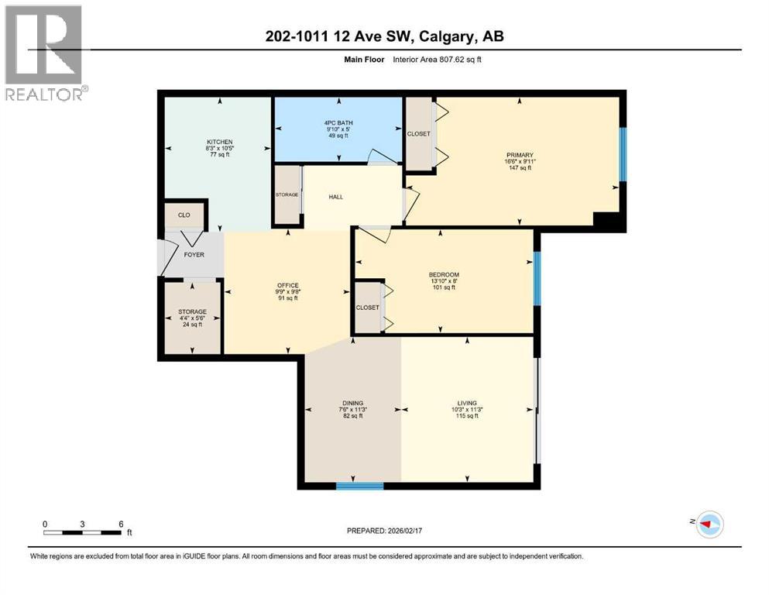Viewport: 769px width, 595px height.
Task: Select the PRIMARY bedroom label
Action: point(520,155)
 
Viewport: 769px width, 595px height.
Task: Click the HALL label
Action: point(335,197)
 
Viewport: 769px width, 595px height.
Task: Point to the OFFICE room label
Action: point(287,286)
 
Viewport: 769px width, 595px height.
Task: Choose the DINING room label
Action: point(352,403)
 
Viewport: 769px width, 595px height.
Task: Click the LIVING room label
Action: point(467,403)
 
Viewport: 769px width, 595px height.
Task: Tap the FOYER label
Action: point(193,254)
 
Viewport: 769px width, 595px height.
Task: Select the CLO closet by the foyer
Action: point(184,215)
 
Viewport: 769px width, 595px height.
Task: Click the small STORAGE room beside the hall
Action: point(287,195)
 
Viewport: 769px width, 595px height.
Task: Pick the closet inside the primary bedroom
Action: point(419,133)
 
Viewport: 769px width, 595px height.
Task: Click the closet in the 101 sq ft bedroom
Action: point(367,308)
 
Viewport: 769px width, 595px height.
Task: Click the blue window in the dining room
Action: point(360,486)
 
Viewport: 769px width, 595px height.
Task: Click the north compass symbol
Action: point(709,524)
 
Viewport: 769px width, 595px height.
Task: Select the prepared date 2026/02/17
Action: point(383,531)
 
